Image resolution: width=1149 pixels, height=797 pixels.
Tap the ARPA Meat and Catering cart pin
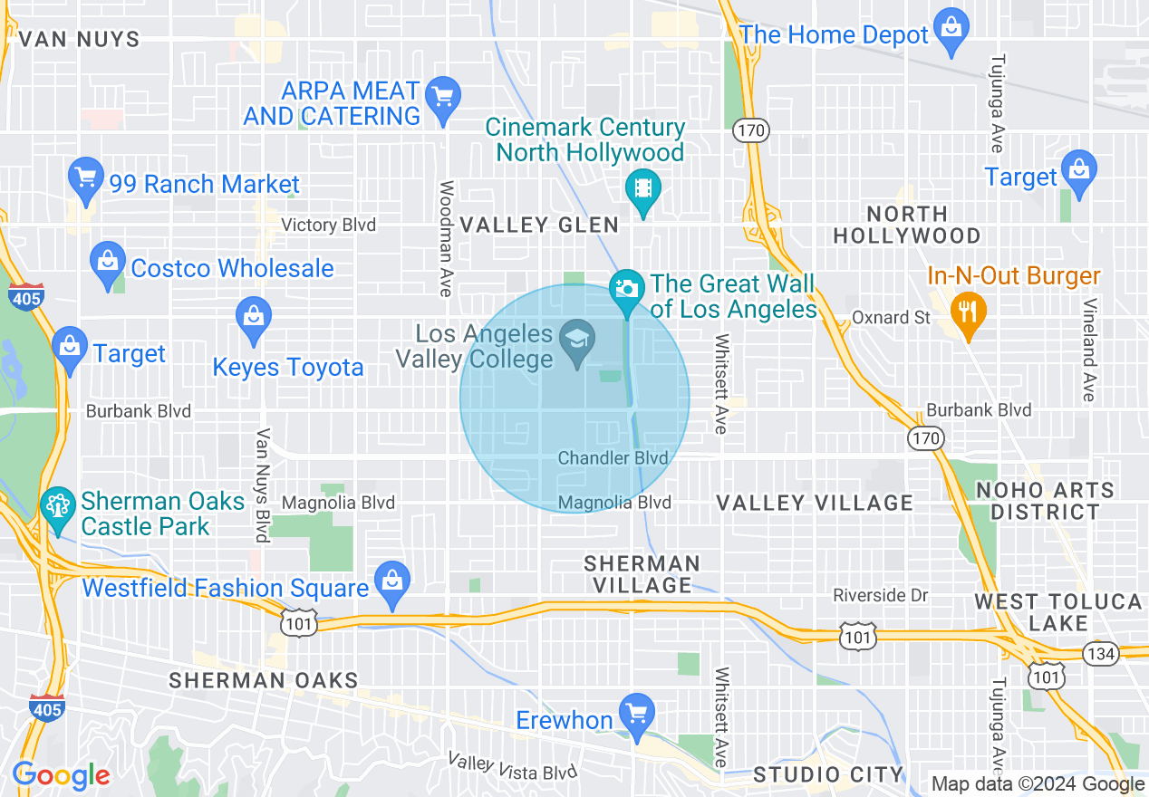(443, 96)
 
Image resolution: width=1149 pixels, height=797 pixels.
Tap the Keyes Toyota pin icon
(253, 318)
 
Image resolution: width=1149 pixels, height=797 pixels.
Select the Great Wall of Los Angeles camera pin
(626, 290)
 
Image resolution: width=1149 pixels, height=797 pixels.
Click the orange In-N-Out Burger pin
(968, 313)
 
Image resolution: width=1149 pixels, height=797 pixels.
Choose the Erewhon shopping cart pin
(636, 713)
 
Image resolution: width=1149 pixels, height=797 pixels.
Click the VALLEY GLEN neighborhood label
(539, 226)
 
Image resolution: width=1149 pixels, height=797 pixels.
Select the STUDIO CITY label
(828, 774)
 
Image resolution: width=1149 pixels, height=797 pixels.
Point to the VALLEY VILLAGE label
(815, 503)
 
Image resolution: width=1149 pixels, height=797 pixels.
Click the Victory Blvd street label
(328, 225)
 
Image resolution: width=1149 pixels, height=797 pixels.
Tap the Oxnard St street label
(892, 318)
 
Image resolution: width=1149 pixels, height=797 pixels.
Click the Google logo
(61, 775)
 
